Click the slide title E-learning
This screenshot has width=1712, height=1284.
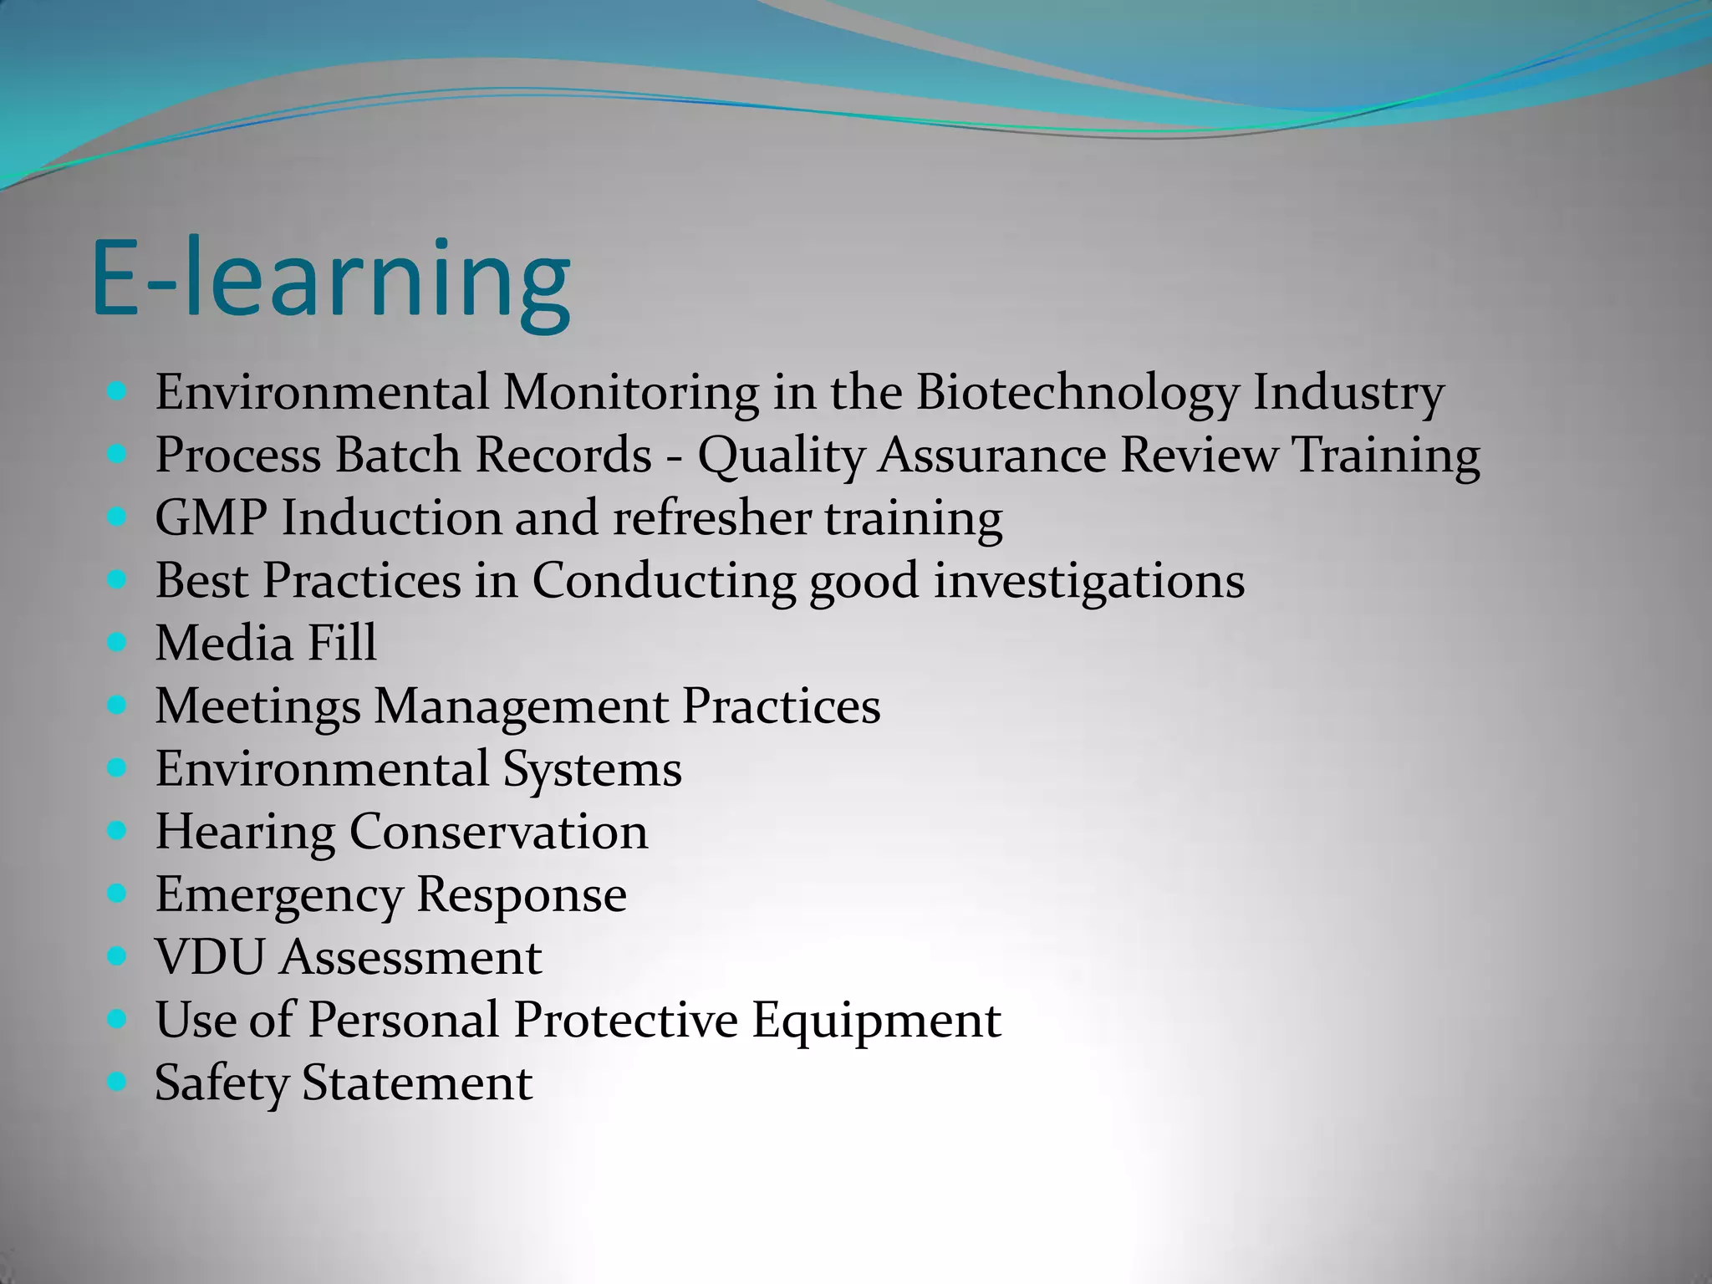[x=331, y=279]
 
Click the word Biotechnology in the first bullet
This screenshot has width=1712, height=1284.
[x=1077, y=392]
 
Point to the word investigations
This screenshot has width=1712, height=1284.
[x=1088, y=582]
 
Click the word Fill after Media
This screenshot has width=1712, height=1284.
[x=342, y=643]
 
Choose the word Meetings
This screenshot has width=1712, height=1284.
[x=257, y=706]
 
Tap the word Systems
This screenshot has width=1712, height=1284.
[x=592, y=770]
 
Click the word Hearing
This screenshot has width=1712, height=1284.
[x=245, y=833]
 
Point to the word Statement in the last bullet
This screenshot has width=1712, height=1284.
[x=416, y=1083]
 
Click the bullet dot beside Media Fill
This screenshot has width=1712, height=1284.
[x=117, y=642]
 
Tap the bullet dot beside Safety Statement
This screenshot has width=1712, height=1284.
[x=117, y=1082]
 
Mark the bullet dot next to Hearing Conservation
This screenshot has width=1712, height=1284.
[x=117, y=831]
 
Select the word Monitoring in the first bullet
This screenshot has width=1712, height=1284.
[x=631, y=392]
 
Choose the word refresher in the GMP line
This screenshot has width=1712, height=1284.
[x=711, y=517]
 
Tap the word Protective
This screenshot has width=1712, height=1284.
[x=625, y=1020]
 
